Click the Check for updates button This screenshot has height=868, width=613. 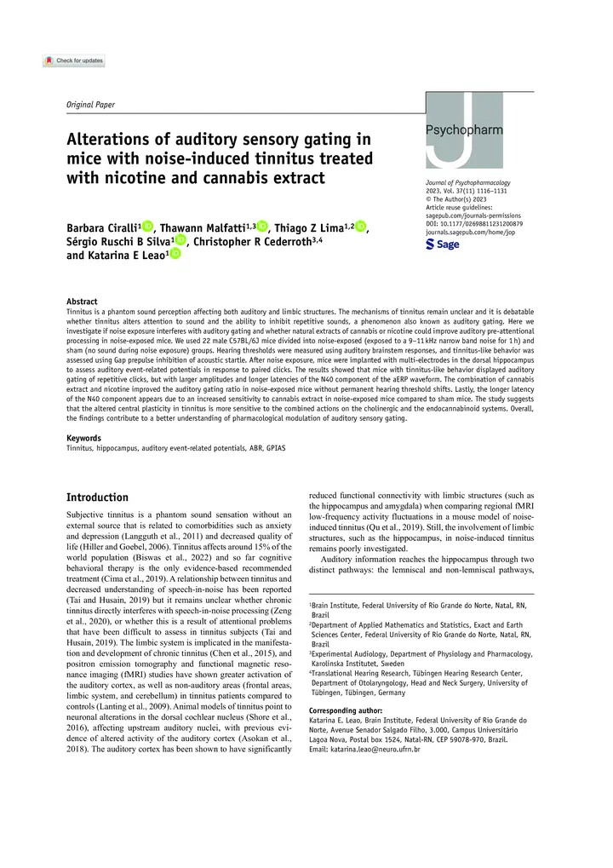[74, 61]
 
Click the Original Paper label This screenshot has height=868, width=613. [90, 105]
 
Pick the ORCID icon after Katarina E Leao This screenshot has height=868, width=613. [175, 254]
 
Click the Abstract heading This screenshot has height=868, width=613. [82, 302]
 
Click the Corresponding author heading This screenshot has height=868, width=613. [346, 710]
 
